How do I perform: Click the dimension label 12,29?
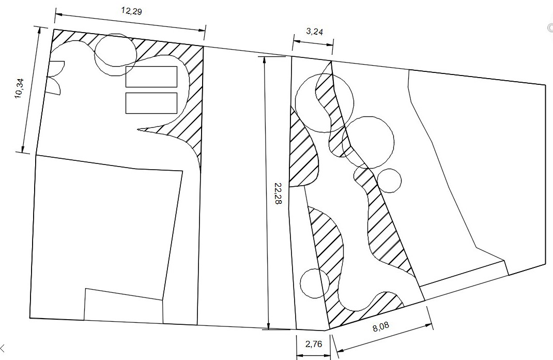132,11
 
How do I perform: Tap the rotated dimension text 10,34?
21,88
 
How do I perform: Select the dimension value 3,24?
314,32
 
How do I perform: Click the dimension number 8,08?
381,326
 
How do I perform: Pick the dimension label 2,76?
314,344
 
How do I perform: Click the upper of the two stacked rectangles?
151,77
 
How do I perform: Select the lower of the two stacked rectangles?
151,103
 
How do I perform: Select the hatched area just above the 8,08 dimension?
363,307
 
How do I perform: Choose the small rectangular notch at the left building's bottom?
124,305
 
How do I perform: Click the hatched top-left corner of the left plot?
70,39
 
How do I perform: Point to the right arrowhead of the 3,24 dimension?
329,44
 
